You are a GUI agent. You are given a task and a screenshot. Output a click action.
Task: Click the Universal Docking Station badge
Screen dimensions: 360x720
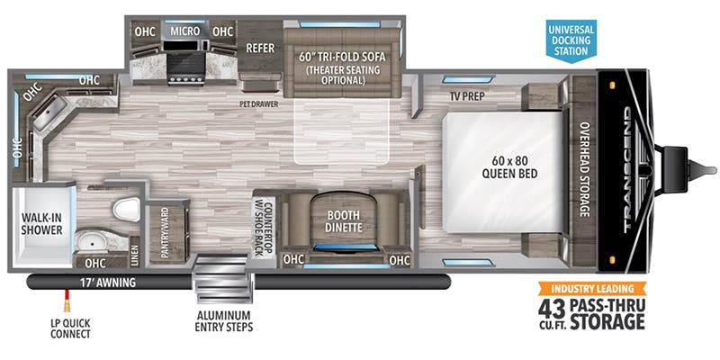[x=570, y=40]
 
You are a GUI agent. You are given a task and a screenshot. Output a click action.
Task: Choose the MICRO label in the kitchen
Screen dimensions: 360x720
[x=184, y=31]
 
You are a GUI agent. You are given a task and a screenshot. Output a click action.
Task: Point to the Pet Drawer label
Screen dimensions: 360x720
[x=259, y=103]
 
